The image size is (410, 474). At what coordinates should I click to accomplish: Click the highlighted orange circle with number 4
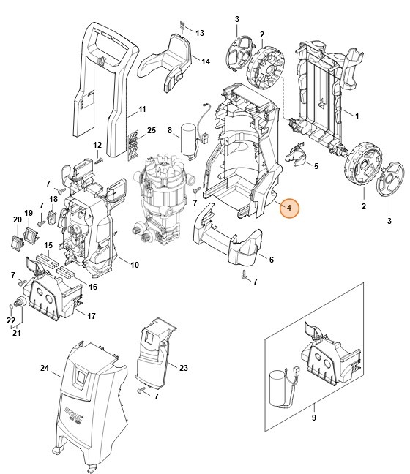click(x=288, y=208)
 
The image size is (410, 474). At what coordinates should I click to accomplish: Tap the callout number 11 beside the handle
click(x=143, y=111)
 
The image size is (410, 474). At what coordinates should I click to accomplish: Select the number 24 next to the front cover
click(x=45, y=368)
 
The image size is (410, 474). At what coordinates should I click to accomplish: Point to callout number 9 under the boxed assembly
click(x=313, y=417)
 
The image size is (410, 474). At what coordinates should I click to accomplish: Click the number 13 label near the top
click(x=200, y=33)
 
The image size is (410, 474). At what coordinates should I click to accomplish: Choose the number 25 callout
click(x=152, y=130)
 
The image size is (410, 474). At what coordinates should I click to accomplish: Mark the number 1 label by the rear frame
click(x=357, y=116)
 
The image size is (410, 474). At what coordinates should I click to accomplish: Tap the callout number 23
click(x=184, y=368)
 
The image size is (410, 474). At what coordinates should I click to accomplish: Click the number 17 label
click(x=92, y=316)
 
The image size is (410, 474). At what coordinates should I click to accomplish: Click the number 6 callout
click(x=271, y=259)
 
